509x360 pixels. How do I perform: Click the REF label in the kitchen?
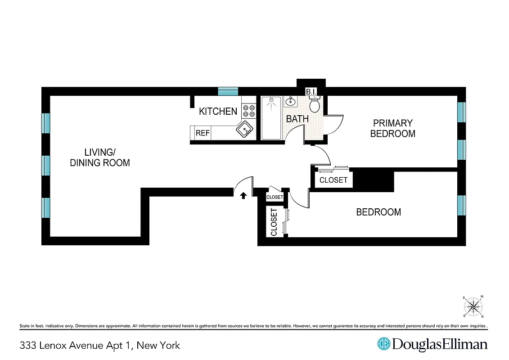click(203, 133)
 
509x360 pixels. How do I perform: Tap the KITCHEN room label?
click(218, 111)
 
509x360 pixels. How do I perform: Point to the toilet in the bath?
click(315, 105)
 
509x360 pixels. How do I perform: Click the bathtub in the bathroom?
click(271, 118)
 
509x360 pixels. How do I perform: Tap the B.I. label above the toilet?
click(312, 92)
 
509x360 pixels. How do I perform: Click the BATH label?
click(297, 119)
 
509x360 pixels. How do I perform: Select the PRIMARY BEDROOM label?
click(392, 128)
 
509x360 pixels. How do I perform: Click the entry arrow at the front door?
click(243, 195)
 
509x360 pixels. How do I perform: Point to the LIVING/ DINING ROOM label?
click(100, 157)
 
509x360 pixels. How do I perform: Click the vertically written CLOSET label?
click(274, 222)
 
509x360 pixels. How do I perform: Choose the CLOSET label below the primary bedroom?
click(333, 180)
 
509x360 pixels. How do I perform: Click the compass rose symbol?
click(473, 306)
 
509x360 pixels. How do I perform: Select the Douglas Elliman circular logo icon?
click(383, 344)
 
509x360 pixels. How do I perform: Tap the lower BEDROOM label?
click(378, 212)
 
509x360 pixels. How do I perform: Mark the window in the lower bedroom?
click(461, 205)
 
